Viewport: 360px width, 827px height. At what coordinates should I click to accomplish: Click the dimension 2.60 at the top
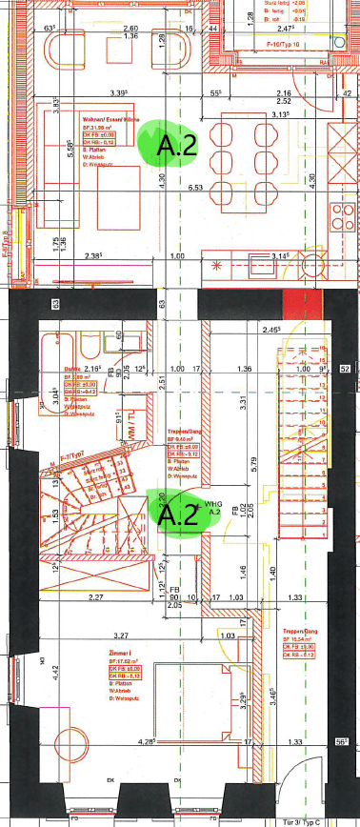click(x=130, y=29)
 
